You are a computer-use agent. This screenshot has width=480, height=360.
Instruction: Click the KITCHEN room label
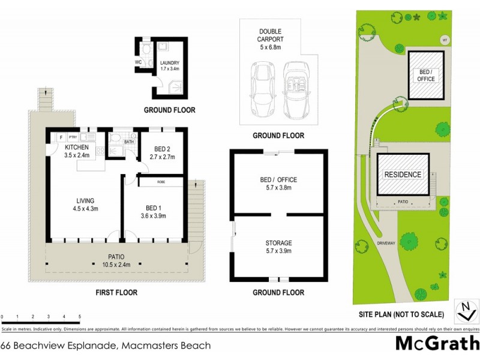click(x=77, y=148)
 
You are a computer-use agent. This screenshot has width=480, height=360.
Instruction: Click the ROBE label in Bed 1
click(x=161, y=181)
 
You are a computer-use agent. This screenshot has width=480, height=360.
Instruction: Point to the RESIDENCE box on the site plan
click(x=403, y=175)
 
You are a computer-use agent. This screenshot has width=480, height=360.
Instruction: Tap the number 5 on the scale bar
click(x=80, y=316)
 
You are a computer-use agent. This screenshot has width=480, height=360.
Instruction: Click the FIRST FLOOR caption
click(x=116, y=293)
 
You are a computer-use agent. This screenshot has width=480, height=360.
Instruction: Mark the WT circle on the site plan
click(x=445, y=40)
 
